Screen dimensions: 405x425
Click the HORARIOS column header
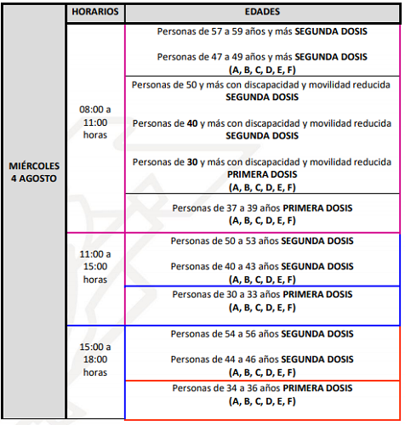coord(95,14)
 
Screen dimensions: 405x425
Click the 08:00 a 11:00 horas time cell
coord(95,122)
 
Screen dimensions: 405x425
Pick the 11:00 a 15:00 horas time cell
coord(95,266)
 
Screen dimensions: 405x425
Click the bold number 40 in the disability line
coord(191,123)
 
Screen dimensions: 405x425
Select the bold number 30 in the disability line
coord(191,161)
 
